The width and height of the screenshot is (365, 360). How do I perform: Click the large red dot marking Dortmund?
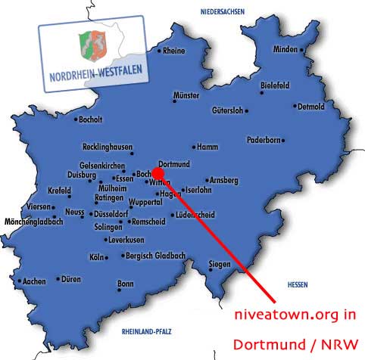[158, 172]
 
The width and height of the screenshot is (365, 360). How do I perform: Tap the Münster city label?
[186, 96]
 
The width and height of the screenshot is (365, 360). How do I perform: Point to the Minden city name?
[285, 50]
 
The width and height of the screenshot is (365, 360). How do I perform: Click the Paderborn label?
[264, 140]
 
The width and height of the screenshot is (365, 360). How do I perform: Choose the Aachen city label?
[34, 281]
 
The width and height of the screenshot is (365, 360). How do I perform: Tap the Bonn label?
[125, 284]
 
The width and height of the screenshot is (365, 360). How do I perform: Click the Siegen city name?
[220, 264]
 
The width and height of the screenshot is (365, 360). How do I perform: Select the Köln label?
[96, 257]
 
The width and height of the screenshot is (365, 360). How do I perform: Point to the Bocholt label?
[89, 119]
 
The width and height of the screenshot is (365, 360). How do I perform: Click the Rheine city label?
[174, 51]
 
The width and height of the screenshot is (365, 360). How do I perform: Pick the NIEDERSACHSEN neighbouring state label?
[224, 12]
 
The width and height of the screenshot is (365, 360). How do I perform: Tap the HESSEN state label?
[298, 284]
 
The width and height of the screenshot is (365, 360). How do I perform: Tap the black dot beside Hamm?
[194, 147]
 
